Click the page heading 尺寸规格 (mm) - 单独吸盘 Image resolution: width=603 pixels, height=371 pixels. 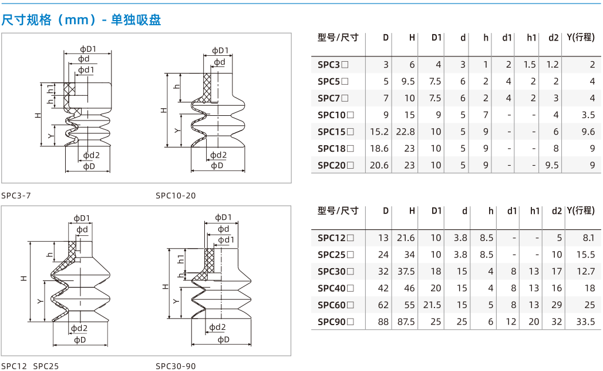pyautogui.click(x=81, y=19)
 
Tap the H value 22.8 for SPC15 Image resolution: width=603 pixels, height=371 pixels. pyautogui.click(x=405, y=132)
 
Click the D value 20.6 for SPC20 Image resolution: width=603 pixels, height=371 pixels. pyautogui.click(x=379, y=165)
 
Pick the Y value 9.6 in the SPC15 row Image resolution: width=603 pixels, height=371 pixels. pyautogui.click(x=588, y=132)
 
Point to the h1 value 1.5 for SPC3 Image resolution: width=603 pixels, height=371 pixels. pyautogui.click(x=530, y=65)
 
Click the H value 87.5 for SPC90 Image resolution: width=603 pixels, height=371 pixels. pyautogui.click(x=406, y=322)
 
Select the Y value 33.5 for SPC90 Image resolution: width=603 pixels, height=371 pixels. pyautogui.click(x=586, y=322)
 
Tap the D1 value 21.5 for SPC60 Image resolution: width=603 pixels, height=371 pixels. pyautogui.click(x=432, y=305)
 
